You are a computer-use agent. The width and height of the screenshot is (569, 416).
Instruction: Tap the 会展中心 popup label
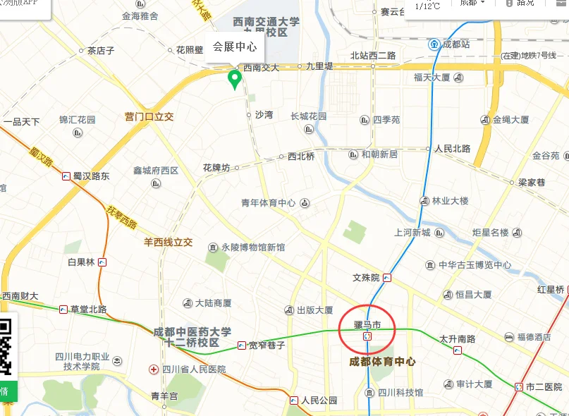click(234, 47)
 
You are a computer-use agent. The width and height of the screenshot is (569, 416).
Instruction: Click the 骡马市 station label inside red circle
click(367, 325)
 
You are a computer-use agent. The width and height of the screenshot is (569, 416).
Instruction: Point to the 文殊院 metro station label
click(366, 277)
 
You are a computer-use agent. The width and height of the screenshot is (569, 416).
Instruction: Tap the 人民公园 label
click(319, 400)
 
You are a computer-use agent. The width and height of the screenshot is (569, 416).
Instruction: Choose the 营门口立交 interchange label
click(149, 116)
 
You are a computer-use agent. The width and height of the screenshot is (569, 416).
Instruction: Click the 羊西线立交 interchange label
click(169, 242)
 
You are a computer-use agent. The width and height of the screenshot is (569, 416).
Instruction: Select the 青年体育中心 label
click(269, 203)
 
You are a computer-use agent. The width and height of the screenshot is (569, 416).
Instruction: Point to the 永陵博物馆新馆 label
click(253, 247)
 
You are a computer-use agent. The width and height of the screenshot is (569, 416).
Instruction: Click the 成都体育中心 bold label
click(383, 362)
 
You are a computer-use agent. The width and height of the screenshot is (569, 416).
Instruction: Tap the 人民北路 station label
click(453, 149)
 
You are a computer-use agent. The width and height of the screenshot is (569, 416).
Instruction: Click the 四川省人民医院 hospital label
click(193, 369)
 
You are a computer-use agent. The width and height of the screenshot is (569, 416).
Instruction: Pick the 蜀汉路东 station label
click(91, 176)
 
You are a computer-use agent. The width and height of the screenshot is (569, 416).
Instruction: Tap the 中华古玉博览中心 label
click(475, 265)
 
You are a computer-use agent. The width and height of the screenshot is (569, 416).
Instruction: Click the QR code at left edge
click(6, 346)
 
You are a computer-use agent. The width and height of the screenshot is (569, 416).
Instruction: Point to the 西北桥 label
click(301, 157)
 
